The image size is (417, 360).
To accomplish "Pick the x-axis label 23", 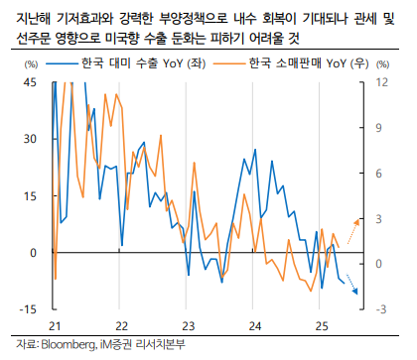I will point(188,325).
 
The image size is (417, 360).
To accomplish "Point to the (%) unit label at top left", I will point(29,63).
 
